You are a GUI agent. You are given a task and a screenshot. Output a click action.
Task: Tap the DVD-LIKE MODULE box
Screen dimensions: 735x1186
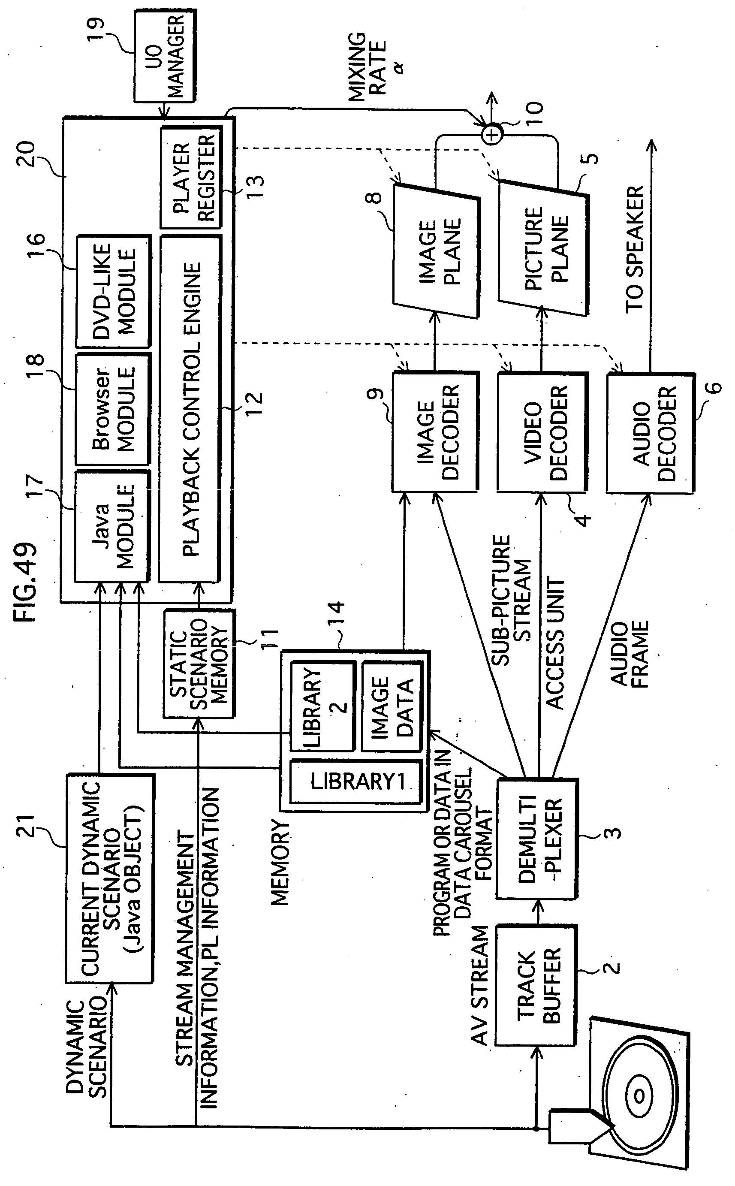pos(113,291)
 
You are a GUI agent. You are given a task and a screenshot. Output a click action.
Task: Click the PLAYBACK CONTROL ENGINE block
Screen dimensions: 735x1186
pos(190,408)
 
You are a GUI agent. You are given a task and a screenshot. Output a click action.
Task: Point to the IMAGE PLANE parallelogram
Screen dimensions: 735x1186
pos(436,251)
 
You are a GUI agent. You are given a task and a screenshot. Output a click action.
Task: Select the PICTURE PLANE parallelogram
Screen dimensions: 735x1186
pos(543,248)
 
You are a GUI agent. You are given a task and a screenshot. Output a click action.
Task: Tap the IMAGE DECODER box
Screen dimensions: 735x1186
pos(435,432)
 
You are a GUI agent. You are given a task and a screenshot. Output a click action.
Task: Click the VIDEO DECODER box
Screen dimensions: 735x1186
pos(542,432)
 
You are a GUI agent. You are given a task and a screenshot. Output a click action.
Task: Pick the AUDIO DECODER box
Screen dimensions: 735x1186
pos(651,433)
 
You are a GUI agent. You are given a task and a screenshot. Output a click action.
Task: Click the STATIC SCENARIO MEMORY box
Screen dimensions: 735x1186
pos(199,663)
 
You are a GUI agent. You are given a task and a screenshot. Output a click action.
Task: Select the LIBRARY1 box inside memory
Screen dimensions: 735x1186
pos(356,782)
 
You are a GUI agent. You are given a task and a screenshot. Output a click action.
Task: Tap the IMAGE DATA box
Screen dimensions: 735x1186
pos(392,706)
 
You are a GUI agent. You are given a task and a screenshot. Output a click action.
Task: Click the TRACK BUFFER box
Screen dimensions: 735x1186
pos(536,986)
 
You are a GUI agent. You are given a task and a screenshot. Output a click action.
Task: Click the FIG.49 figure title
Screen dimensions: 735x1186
pos(25,582)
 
